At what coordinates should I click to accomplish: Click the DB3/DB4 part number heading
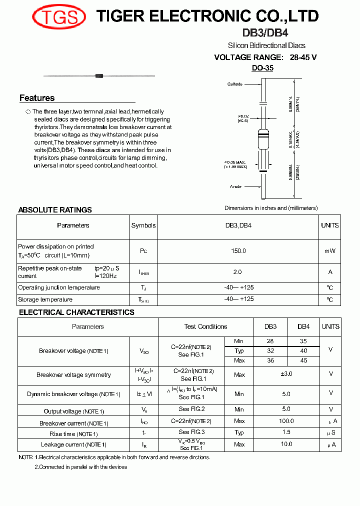266,33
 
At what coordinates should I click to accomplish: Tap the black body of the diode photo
99,75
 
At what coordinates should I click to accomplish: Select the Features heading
37,98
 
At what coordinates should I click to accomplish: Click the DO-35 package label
262,68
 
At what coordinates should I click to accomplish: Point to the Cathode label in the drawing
234,84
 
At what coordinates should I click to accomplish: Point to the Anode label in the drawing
235,186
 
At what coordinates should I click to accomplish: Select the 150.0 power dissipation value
238,251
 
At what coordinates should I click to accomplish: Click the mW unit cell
330,251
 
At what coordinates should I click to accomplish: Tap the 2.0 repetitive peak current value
237,272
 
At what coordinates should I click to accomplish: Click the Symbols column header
143,225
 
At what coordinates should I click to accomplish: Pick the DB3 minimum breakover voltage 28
270,341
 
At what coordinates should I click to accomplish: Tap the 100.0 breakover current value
286,421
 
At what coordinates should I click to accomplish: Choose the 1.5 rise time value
286,432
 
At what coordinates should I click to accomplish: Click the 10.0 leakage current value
286,444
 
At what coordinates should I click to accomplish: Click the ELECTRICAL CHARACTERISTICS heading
76,312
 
